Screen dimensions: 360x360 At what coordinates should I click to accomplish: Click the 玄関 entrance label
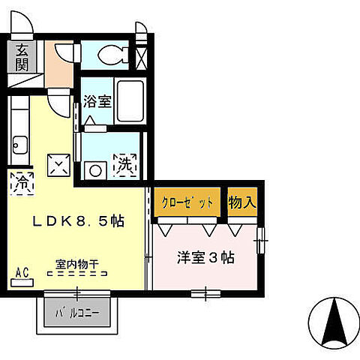point(21,57)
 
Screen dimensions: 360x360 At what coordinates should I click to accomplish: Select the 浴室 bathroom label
point(97,100)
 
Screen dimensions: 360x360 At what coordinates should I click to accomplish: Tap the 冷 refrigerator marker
point(22,181)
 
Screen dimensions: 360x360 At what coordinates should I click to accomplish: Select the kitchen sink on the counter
point(19,141)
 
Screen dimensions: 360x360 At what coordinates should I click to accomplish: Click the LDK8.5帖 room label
point(77,222)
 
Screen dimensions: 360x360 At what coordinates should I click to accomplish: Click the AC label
point(22,273)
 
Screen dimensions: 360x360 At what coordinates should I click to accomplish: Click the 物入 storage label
point(242,202)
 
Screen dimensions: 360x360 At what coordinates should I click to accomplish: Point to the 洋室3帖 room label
point(205,257)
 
